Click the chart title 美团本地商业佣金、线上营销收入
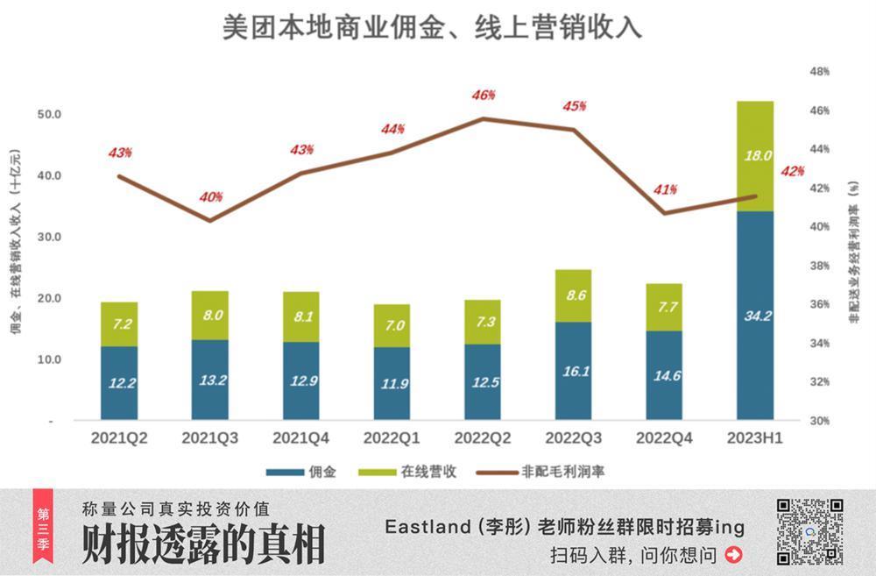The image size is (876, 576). [431, 27]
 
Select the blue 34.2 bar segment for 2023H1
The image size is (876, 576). [755, 316]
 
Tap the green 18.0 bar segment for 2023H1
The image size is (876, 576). [755, 156]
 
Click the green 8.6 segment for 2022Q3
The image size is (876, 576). [573, 296]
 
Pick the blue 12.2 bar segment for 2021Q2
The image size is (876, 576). [119, 383]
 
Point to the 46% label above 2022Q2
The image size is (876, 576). [483, 95]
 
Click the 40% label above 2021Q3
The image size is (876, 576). [210, 197]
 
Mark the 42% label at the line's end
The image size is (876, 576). [792, 171]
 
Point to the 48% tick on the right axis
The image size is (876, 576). [818, 72]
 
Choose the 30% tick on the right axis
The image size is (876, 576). [818, 421]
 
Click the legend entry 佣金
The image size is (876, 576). [314, 472]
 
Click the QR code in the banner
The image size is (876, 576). [809, 531]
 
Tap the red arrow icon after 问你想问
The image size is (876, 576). [734, 554]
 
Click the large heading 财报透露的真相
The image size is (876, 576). [203, 544]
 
